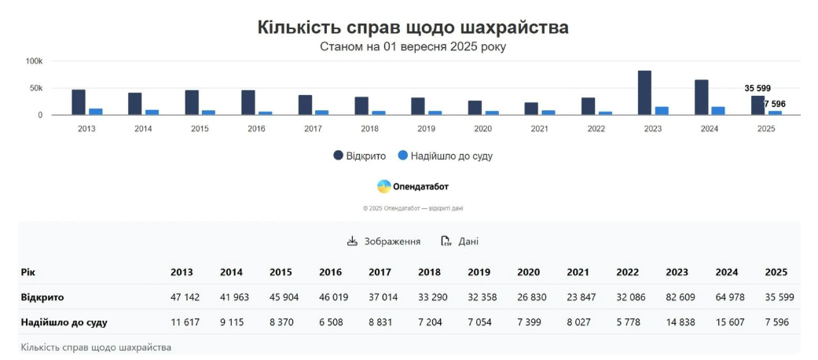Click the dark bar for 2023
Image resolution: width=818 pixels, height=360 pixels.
(x=644, y=93)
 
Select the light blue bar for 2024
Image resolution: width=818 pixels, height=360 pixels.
(x=718, y=111)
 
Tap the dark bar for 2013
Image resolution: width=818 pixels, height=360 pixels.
(x=79, y=102)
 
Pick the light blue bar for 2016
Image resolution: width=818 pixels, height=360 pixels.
(x=266, y=113)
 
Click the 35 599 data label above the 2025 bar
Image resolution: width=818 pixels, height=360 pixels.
(x=757, y=88)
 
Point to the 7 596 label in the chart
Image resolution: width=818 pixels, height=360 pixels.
(x=775, y=104)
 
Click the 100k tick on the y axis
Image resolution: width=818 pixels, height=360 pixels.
(x=34, y=61)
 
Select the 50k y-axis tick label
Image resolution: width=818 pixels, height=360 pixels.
(x=36, y=88)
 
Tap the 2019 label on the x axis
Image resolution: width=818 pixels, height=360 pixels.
(x=426, y=128)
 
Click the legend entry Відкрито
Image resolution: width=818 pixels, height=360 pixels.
(x=360, y=156)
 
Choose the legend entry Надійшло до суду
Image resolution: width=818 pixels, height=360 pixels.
(x=446, y=156)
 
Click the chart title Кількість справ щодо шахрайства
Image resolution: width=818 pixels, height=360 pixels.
(x=413, y=28)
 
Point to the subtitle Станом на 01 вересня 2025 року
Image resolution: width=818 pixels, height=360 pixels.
(x=413, y=46)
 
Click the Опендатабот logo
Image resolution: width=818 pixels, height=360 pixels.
(x=413, y=186)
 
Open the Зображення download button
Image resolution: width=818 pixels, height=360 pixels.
(x=384, y=241)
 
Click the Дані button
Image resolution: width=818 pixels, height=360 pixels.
(x=460, y=241)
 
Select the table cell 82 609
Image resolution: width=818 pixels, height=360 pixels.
(x=677, y=298)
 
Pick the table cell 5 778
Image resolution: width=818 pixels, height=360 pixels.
(x=627, y=322)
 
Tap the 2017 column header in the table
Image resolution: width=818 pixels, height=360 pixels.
(x=380, y=273)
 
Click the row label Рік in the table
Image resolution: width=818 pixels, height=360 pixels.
(x=28, y=273)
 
